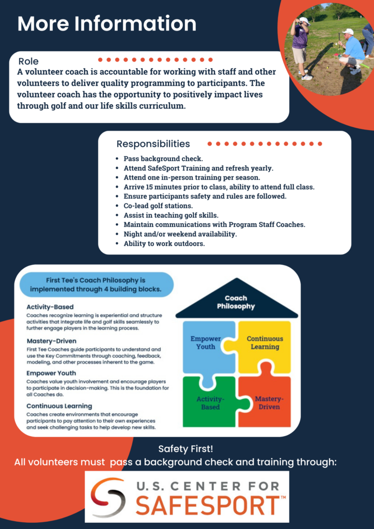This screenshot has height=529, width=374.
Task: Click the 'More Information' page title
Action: pyautogui.click(x=106, y=24)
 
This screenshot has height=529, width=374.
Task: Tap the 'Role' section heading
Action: pyautogui.click(x=28, y=61)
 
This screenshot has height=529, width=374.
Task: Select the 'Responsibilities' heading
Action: pyautogui.click(x=153, y=144)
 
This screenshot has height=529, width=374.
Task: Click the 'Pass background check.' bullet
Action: pyautogui.click(x=163, y=158)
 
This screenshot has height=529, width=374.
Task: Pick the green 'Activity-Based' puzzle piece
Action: pyautogui.click(x=209, y=401)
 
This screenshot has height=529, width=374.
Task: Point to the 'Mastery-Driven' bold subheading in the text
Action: pyautogui.click(x=52, y=341)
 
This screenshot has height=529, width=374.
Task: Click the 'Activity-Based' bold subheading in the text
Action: pyautogui.click(x=50, y=307)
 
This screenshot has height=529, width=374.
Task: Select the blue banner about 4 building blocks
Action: pyautogui.click(x=97, y=285)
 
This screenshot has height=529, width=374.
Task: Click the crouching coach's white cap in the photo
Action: pyautogui.click(x=348, y=32)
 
